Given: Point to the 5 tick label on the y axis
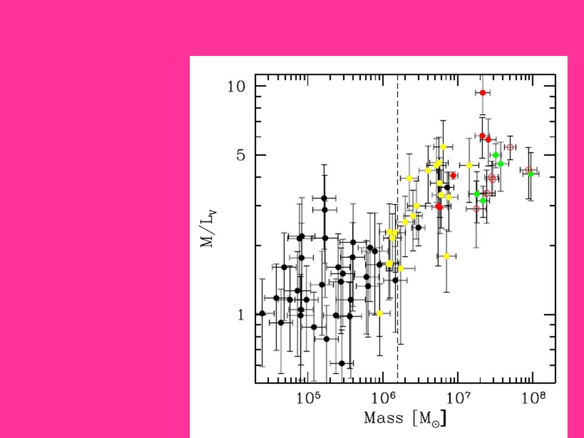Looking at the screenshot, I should pos(241,155).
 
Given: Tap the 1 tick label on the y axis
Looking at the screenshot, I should pos(242,315).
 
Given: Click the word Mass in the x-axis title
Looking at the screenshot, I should pos(383,419).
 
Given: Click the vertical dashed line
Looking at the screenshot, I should pos(398,243).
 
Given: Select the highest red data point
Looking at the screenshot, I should pos(483,92).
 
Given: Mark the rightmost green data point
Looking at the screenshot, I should pos(530,174).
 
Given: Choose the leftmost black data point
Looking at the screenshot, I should pos(262,313).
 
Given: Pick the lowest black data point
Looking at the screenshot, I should pos(342,363).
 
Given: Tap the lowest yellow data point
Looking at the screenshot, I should pos(380,313).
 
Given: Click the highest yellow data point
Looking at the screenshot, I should pos(443,147).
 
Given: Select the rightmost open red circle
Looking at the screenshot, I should pos(529,170).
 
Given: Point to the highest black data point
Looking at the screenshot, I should pos(324,198).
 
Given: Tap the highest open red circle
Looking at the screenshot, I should pos(510,147).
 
